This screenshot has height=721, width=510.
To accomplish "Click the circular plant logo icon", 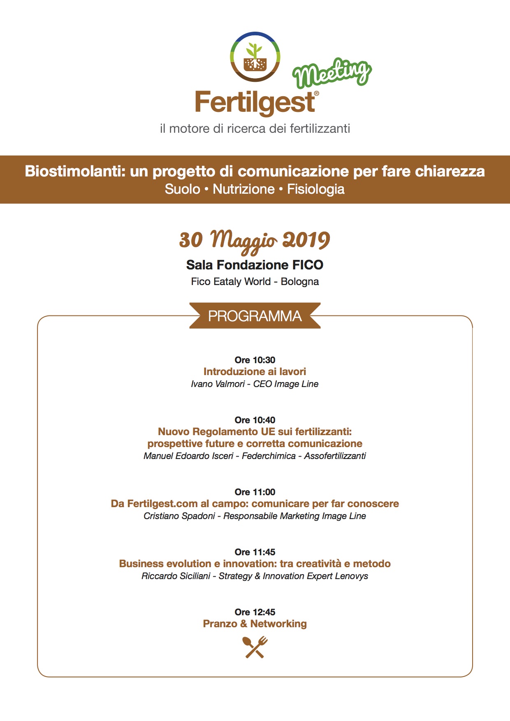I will click(x=255, y=57).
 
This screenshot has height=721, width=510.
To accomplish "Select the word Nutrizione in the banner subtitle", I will click(x=243, y=189).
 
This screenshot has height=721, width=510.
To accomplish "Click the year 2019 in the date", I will click(x=306, y=240).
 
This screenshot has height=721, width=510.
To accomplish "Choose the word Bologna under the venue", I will click(x=300, y=282).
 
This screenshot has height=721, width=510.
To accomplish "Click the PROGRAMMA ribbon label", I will click(x=255, y=316).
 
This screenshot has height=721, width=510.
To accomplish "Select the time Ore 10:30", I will click(x=255, y=360).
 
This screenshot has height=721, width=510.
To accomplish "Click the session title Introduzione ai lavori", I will click(x=255, y=372).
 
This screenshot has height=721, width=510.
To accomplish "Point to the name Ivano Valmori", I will click(x=218, y=384).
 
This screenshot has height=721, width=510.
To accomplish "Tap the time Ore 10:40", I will click(x=255, y=420).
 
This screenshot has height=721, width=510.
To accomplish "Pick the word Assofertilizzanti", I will click(x=335, y=456).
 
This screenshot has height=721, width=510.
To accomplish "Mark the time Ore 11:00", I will click(x=255, y=492).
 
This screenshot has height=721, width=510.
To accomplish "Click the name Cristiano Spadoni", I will click(x=179, y=516).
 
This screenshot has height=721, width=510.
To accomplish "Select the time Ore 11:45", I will click(x=255, y=552).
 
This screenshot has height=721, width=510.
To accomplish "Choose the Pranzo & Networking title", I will click(x=255, y=624).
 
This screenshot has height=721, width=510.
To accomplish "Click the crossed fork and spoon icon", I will click(x=255, y=647).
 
